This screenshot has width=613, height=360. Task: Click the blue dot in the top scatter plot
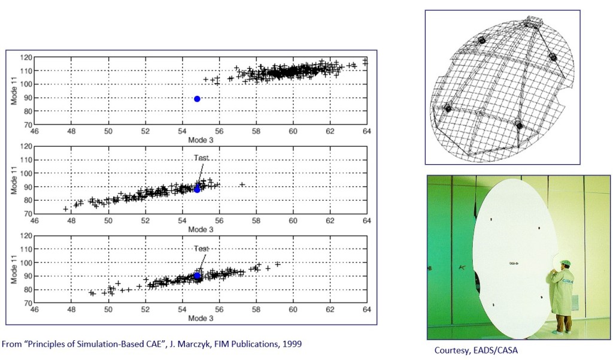click(197, 99)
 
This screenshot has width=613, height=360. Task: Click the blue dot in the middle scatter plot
click(197, 189)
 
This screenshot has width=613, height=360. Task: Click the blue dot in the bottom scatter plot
click(197, 276)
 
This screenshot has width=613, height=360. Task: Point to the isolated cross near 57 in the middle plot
click(242, 184)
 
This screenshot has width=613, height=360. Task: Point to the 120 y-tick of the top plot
click(26, 58)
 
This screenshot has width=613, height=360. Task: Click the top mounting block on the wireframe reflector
click(532, 24)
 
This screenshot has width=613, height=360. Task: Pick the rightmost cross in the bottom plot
click(277, 264)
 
